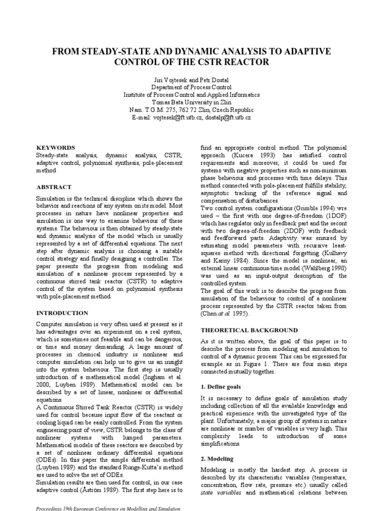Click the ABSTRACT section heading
click(55, 187)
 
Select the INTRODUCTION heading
click(62, 313)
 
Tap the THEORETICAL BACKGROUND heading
click(248, 330)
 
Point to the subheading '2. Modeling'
click(217, 459)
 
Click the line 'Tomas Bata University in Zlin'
click(191, 102)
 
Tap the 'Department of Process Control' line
click(191, 87)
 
